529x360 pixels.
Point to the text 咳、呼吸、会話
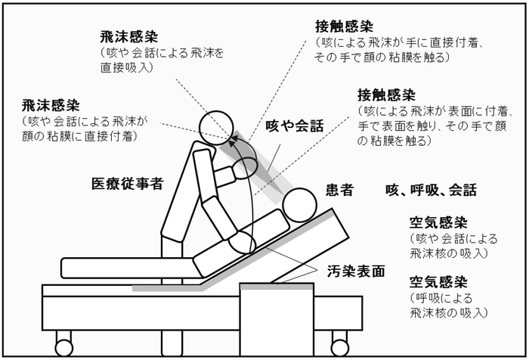point(431,191)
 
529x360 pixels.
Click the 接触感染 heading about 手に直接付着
point(345,25)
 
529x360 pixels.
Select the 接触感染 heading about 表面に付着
point(386,95)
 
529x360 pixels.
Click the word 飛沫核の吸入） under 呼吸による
point(448,312)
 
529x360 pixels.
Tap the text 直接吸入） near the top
point(126,67)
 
